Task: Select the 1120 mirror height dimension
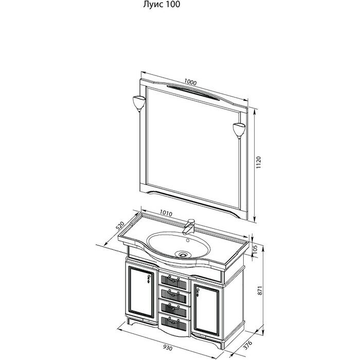(x=259, y=163)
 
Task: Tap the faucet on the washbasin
(x=189, y=226)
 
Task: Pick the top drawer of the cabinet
(x=173, y=280)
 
